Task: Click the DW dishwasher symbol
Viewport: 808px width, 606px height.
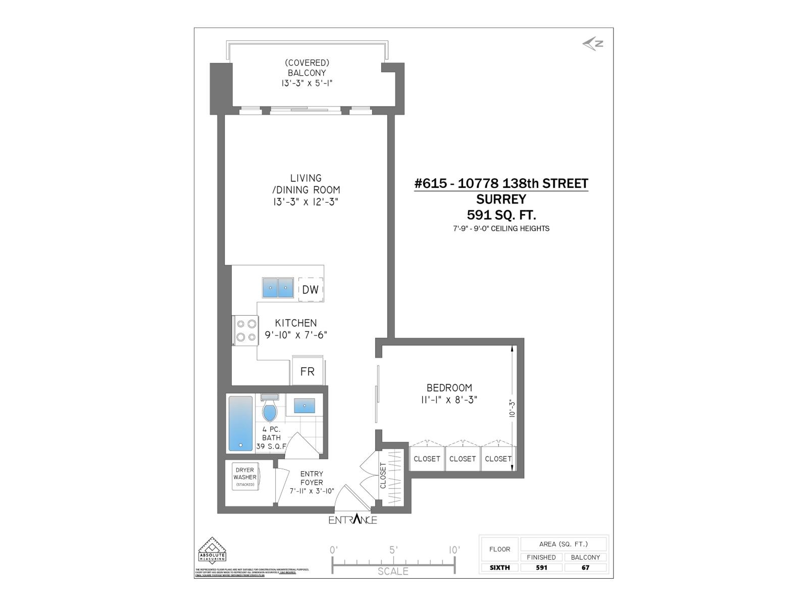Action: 310,289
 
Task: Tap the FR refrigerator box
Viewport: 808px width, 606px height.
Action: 307,372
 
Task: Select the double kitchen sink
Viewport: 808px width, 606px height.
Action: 278,287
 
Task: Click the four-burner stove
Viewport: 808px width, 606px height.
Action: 246,330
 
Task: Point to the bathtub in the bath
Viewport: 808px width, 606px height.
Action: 240,423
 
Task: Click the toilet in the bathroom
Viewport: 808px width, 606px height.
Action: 270,410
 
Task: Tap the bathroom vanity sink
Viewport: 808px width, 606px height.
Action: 304,406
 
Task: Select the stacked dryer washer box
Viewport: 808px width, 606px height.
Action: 245,476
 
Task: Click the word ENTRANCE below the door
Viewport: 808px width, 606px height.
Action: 352,520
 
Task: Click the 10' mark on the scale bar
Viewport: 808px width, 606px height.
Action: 453,550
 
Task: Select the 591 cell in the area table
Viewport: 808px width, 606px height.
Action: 541,567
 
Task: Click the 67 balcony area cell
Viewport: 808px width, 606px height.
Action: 585,567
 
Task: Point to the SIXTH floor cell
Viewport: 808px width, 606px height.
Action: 499,567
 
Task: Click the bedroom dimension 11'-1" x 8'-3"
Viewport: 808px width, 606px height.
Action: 449,400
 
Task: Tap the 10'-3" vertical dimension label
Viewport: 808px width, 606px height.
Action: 512,408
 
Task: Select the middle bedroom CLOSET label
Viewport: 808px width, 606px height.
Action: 463,459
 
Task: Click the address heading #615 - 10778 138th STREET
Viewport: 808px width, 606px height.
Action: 501,183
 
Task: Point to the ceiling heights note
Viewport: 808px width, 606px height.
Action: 501,228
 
